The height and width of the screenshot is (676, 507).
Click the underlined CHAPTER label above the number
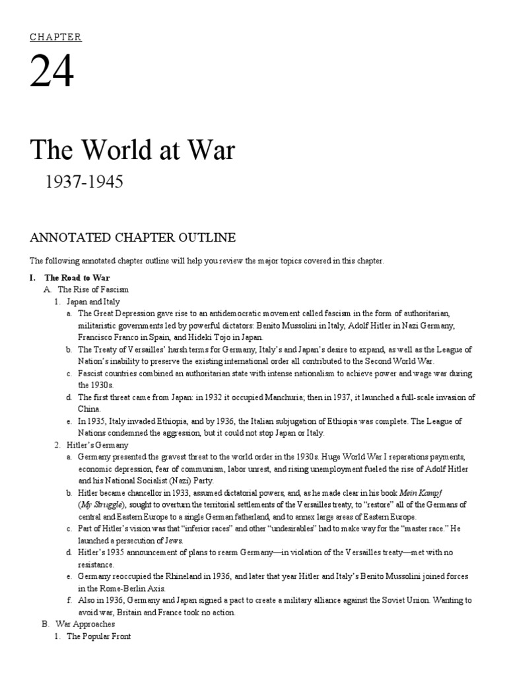(55, 37)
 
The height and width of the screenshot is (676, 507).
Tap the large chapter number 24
(51, 74)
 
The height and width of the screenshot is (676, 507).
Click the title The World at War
(132, 151)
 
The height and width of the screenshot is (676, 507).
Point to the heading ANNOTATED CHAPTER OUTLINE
(132, 237)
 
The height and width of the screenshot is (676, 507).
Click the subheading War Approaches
(86, 624)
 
